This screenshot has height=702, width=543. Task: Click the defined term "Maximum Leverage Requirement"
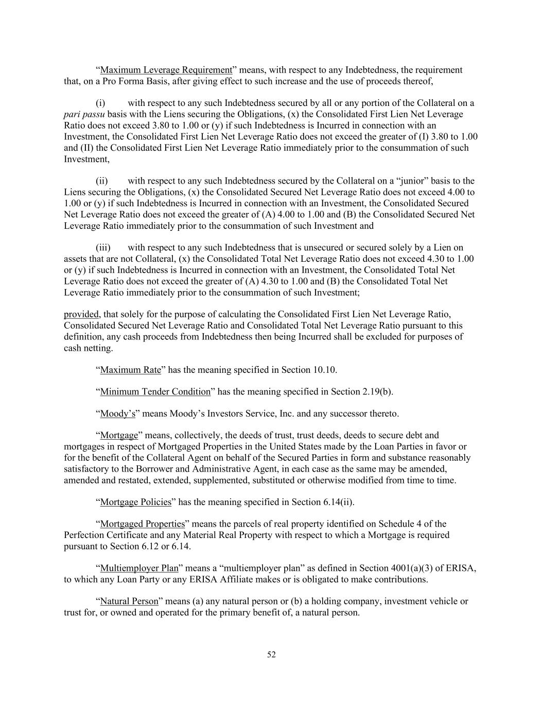tap(166, 70)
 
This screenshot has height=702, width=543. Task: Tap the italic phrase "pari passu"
tap(84, 114)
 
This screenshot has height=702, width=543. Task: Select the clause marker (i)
tap(101, 103)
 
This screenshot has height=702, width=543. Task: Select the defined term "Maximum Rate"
tap(130, 370)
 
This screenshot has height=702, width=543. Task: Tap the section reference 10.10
tap(324, 370)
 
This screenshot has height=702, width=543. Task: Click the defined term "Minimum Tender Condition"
tap(155, 392)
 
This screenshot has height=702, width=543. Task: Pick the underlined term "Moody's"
tap(117, 414)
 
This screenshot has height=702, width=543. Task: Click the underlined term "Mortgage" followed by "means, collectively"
tap(119, 436)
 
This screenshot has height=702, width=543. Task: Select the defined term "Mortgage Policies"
tap(135, 502)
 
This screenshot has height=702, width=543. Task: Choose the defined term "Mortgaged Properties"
tap(142, 524)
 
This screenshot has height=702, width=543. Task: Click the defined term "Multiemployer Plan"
tap(139, 568)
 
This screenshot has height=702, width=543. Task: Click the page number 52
tap(271, 655)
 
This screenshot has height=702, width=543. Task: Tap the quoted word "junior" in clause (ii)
tap(410, 181)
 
